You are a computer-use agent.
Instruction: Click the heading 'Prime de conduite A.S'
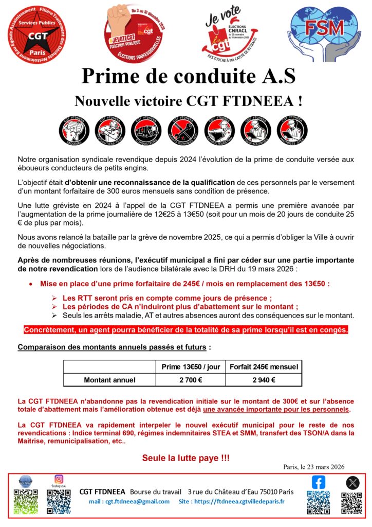pos(188,76)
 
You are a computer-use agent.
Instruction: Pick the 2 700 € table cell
pos(191,380)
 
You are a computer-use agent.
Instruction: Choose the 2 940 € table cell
pos(264,380)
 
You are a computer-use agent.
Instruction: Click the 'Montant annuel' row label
pos(109,380)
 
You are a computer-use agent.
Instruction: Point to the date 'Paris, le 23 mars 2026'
pos(313,467)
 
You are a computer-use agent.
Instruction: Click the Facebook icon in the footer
pos(319,482)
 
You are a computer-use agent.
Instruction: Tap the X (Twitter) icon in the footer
pos(352,482)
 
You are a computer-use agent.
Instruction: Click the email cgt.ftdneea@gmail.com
pos(129,501)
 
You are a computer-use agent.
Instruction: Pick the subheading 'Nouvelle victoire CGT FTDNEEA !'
pos(188,100)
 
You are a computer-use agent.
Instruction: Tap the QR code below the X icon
pos(352,503)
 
